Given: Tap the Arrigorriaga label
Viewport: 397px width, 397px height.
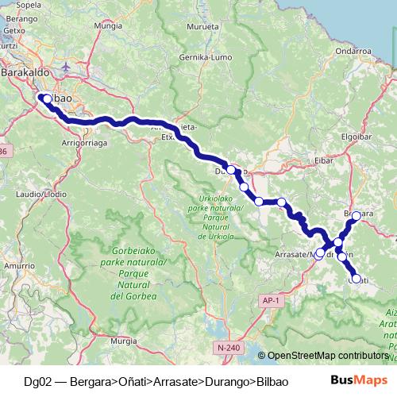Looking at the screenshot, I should (83, 144).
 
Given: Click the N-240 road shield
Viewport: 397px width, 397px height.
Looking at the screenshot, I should (225, 347).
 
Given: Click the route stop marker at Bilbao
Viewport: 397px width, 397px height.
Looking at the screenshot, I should (46, 98).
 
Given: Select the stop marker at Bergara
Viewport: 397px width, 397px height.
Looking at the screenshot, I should (357, 215).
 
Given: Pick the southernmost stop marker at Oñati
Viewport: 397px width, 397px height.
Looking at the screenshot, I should (356, 279).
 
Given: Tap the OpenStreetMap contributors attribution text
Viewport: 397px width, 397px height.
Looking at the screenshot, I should (327, 357).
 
